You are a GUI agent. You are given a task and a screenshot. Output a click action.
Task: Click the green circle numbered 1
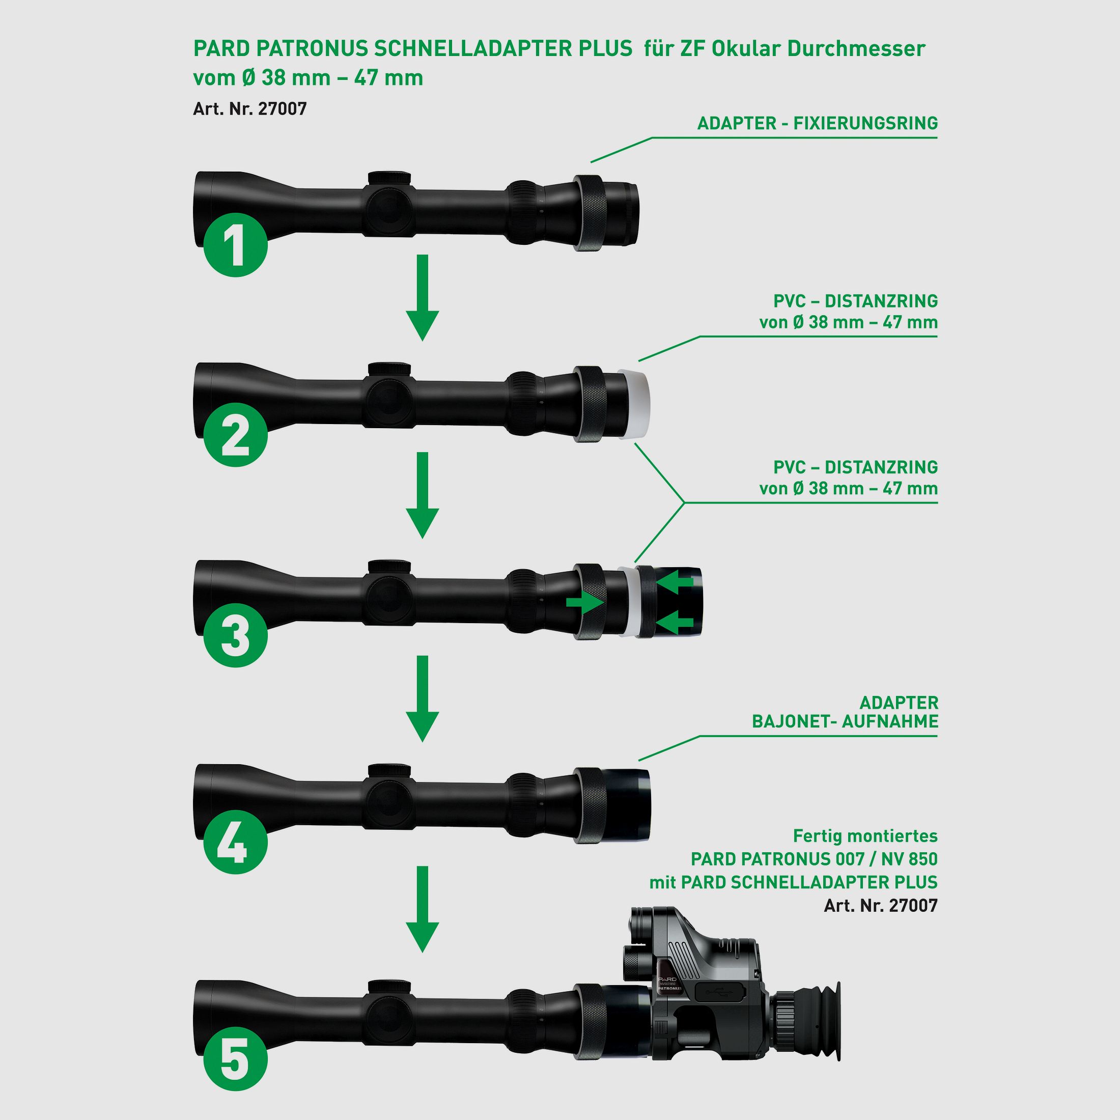coord(235,245)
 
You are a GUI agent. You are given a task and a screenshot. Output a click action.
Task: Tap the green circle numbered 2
coord(235,434)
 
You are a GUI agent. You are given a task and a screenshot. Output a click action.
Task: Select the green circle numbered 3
coord(235,635)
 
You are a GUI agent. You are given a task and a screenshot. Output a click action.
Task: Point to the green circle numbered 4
coord(235,842)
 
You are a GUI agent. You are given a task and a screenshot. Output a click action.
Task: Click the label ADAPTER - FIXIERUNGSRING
coord(818,124)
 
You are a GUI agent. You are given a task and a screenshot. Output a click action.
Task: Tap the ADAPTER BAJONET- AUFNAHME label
coord(845,712)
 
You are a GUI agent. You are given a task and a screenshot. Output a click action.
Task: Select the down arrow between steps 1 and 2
coord(423,297)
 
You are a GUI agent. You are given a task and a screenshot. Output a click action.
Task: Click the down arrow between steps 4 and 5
coord(423,909)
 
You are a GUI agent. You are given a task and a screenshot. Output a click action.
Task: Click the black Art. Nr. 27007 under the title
coord(250,108)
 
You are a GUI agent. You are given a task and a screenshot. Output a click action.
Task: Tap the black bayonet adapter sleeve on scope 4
coord(628,805)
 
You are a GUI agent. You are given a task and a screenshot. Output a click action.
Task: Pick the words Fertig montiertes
coord(865,836)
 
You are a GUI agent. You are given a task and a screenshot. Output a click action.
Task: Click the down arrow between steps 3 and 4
coord(423,698)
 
